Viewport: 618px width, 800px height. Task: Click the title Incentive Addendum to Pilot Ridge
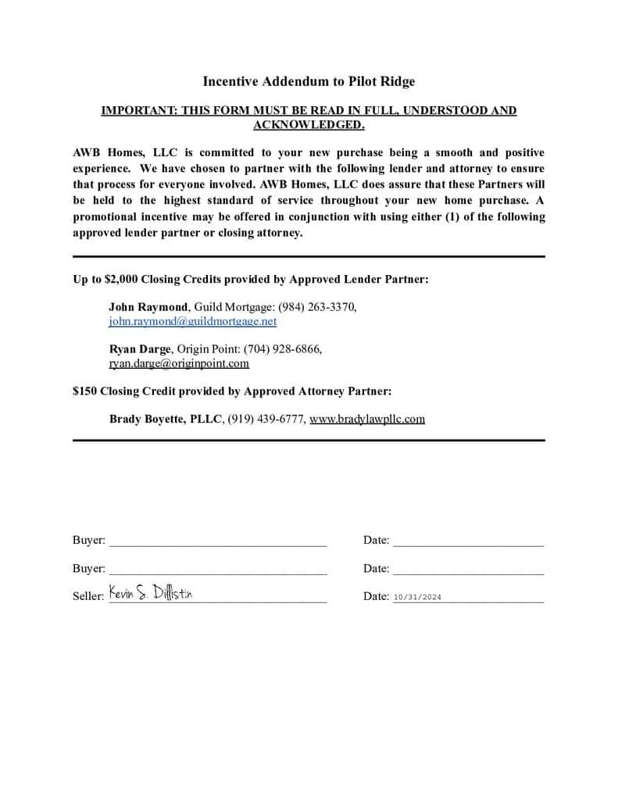click(309, 81)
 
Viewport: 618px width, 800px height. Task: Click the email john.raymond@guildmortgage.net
click(192, 321)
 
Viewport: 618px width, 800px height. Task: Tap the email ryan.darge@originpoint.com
click(179, 362)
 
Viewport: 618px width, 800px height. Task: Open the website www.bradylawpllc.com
click(367, 419)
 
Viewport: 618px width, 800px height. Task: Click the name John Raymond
click(148, 307)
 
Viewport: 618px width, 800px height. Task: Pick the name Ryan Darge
click(140, 348)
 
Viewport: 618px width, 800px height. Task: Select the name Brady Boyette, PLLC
click(166, 419)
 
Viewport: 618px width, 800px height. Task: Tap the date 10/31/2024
click(418, 597)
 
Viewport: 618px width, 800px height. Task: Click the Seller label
click(88, 596)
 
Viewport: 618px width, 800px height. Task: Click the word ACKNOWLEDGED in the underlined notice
click(309, 124)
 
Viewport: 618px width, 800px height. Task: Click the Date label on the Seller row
click(375, 596)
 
